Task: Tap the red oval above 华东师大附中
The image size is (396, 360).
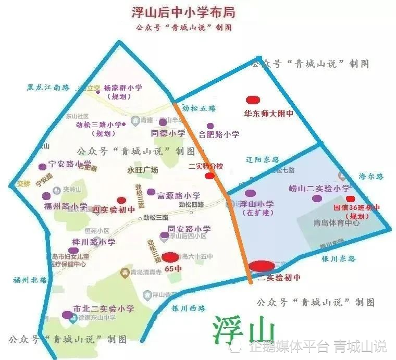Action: [253, 100]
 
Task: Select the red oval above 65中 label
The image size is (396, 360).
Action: [170, 257]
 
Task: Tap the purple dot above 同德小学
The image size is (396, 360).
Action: [163, 122]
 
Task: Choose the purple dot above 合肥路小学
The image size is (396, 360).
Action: [210, 126]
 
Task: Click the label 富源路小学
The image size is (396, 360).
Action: [179, 195]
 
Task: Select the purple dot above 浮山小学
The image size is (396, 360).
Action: [250, 194]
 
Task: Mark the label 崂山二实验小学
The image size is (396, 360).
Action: [319, 188]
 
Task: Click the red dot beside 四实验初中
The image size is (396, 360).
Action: [121, 200]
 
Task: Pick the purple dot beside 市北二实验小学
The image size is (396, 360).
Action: [67, 315]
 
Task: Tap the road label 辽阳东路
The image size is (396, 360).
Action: [262, 160]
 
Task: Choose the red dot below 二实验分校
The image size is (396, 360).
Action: [209, 176]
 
